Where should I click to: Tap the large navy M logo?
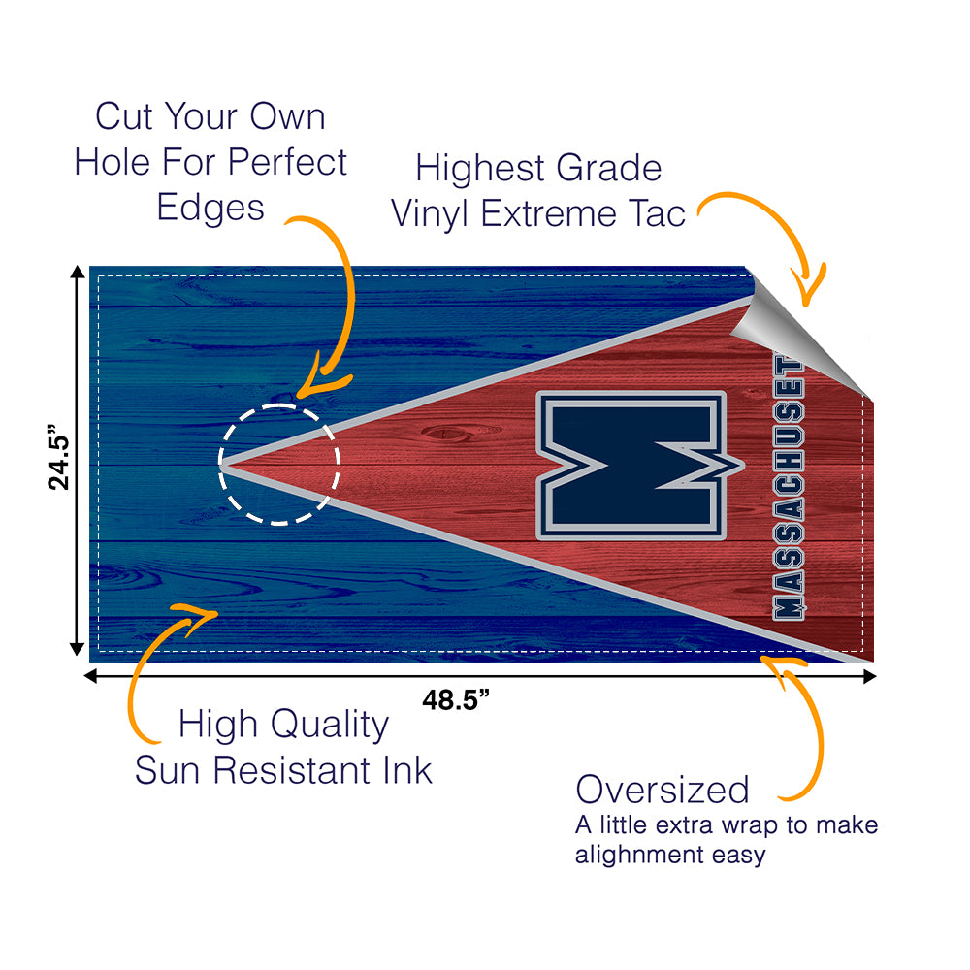coord(631,466)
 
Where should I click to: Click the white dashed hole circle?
coord(279,464)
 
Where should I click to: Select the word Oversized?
coord(663,790)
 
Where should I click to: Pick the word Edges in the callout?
coord(210,207)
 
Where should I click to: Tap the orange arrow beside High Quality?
coord(155,660)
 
